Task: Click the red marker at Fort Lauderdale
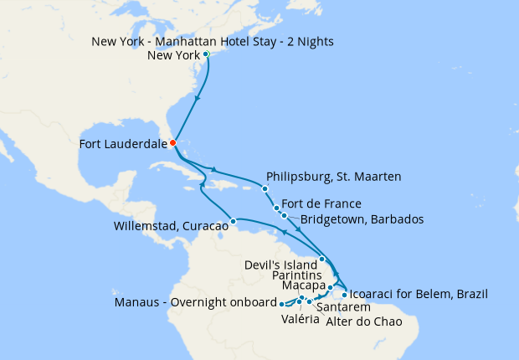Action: click(172, 142)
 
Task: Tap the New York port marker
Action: click(206, 55)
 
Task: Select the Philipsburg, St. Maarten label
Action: click(333, 177)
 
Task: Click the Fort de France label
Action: click(321, 203)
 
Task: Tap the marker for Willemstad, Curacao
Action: click(233, 222)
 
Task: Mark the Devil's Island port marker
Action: click(322, 259)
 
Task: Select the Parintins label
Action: click(298, 274)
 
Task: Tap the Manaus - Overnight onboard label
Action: click(195, 302)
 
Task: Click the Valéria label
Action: click(299, 320)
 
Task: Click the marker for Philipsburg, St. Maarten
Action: click(265, 188)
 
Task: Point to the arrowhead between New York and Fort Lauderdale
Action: click(198, 98)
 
